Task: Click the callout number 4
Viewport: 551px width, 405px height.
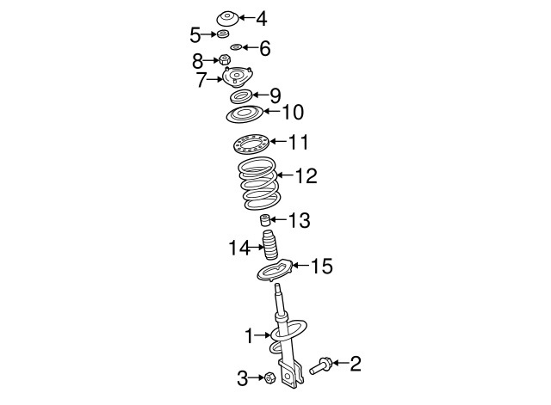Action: click(x=261, y=19)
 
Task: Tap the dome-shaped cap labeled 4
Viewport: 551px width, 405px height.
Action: click(x=227, y=18)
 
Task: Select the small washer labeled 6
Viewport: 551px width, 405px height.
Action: click(x=236, y=47)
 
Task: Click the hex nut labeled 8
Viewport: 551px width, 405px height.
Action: click(x=225, y=59)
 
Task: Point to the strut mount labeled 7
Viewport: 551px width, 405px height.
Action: click(x=238, y=77)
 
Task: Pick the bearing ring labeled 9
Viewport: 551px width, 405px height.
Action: click(x=241, y=96)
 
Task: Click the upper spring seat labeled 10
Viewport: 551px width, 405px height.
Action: click(x=245, y=114)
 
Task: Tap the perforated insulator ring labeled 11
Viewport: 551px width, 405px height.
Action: click(x=251, y=144)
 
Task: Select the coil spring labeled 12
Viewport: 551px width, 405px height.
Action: click(x=259, y=183)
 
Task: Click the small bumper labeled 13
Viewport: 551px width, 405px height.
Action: click(x=264, y=220)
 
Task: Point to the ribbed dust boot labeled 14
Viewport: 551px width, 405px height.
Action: click(x=270, y=245)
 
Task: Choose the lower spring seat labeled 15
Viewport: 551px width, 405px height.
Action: click(x=275, y=270)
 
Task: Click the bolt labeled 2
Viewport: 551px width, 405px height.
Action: click(x=321, y=365)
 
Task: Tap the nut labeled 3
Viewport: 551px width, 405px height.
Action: click(x=269, y=378)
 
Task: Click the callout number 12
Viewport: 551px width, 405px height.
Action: click(x=306, y=175)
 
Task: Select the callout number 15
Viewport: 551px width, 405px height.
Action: click(x=321, y=266)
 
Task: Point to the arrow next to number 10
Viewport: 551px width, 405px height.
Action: click(x=272, y=111)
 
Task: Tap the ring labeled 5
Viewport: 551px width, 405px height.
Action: click(x=222, y=34)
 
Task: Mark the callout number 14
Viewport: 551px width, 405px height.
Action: click(x=239, y=248)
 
